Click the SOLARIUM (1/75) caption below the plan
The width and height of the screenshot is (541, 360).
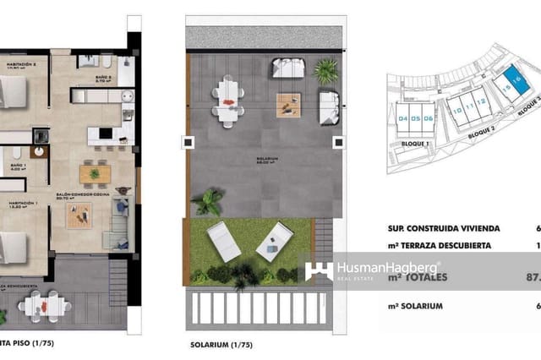(221, 346)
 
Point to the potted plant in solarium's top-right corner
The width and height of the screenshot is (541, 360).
(325, 71)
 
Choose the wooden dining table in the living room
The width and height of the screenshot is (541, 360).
(95, 173)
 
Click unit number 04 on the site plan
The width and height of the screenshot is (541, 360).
(403, 118)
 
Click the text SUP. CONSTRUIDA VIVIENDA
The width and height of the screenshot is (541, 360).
(444, 228)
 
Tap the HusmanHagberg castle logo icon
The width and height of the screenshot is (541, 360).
(319, 271)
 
